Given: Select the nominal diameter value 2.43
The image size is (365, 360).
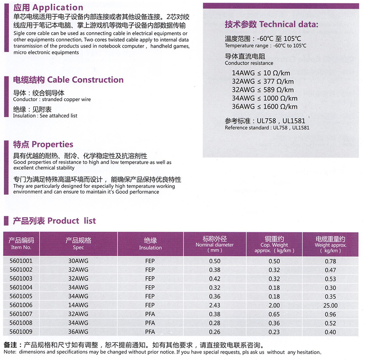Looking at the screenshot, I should click(214, 306).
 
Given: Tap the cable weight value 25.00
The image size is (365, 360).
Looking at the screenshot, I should click(330, 306).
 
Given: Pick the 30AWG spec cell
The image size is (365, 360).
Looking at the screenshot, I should click(79, 261).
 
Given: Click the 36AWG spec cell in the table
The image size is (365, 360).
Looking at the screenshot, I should click(79, 332).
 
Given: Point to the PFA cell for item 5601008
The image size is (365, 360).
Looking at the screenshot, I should click(150, 323).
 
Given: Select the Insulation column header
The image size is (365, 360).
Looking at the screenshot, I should click(150, 243).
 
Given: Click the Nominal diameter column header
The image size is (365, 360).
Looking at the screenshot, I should click(214, 244).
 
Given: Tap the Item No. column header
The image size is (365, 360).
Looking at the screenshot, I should click(21, 243).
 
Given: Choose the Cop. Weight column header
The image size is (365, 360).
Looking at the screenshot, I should click(274, 244).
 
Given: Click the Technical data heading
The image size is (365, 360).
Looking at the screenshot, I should click(271, 24).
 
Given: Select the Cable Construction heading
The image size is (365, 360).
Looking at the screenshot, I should click(68, 80).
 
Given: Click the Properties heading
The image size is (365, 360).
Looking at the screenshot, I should click(43, 145).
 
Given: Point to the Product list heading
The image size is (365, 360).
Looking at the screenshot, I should click(54, 221).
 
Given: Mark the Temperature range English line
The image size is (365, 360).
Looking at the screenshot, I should click(265, 45).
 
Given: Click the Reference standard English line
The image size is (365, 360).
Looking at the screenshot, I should click(267, 127).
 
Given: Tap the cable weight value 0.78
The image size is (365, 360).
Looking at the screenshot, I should click(330, 261).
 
